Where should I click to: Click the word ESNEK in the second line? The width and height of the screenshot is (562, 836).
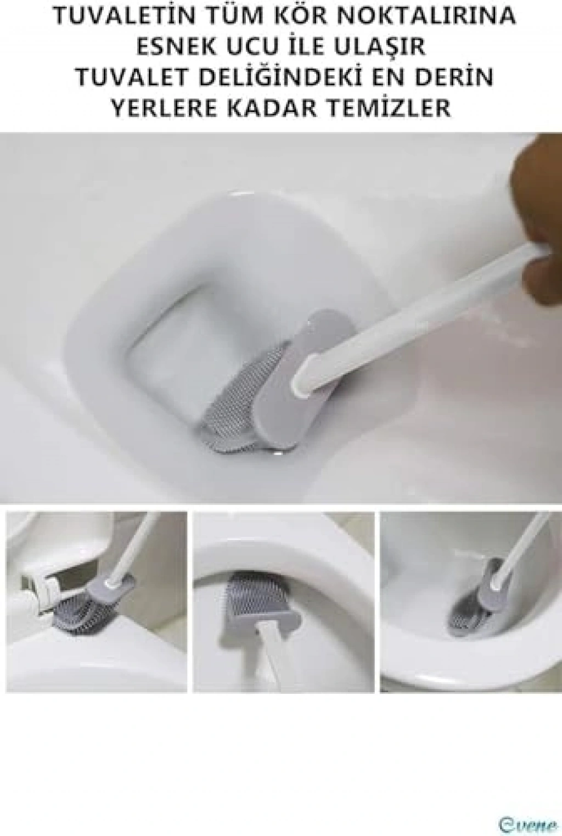[177, 47]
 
